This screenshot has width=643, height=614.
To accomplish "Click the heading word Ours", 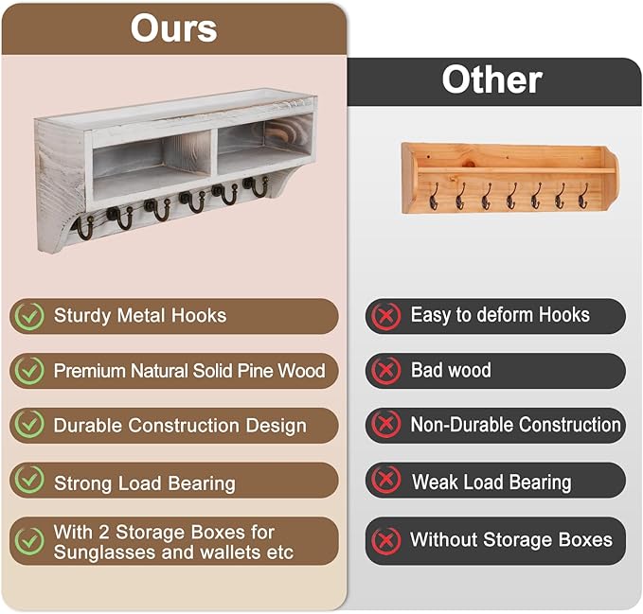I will coord(174,28).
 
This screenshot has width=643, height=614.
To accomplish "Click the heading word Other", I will coord(491,80).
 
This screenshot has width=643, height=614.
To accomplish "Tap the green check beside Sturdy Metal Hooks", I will coord(29,316).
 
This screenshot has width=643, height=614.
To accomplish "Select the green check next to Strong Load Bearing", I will coord(29,481).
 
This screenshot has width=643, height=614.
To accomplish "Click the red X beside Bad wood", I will coord(386,371).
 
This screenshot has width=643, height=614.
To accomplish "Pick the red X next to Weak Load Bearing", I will coord(386,481).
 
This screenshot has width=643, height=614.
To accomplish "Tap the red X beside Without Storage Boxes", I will coord(386,540).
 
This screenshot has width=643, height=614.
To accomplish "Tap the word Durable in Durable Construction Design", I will coord(86,426).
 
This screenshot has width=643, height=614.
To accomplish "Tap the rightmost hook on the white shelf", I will coord(257,186).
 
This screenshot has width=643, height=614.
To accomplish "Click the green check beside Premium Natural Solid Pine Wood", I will coord(29,371).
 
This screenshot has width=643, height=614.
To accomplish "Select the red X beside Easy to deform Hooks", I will coord(386,316).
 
